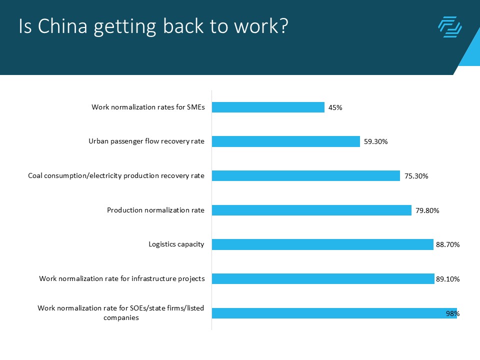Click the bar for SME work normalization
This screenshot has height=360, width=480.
point(268,107)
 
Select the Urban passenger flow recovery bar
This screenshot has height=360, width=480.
point(286,141)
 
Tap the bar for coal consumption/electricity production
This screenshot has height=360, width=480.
point(306,175)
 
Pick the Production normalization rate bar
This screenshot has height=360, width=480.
point(311,210)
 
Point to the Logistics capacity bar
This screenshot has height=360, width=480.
point(322,244)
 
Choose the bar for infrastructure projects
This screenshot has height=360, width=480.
point(323,278)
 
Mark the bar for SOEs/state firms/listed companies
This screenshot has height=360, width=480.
point(334,313)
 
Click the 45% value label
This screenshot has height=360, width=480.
point(335,107)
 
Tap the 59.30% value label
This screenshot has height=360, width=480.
point(375,142)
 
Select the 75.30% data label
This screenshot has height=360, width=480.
point(416,176)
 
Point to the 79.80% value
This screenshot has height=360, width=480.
point(427,210)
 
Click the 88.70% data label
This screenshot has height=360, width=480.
point(447,245)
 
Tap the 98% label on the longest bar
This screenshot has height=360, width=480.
point(452,313)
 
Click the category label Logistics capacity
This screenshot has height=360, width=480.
point(176,244)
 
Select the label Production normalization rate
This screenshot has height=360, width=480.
point(155,210)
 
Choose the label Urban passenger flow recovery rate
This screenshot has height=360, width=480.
point(146,141)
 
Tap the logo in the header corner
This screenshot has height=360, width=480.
point(449,27)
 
